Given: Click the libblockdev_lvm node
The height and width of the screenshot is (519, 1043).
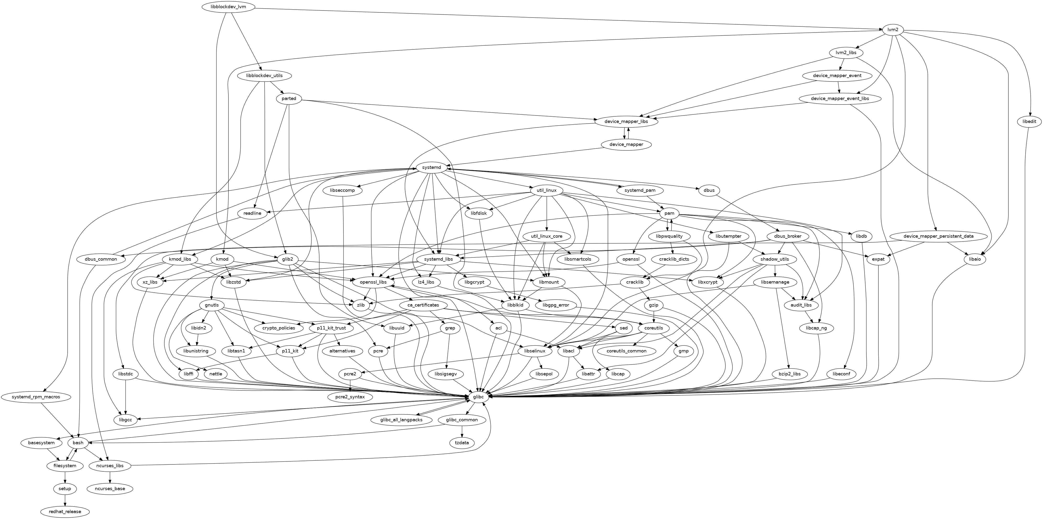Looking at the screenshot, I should tap(229, 7).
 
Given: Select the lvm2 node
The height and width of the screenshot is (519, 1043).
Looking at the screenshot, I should tap(890, 30).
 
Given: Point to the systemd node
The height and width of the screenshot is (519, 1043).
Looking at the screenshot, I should tap(431, 167).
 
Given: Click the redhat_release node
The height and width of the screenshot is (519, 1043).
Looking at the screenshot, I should tap(65, 512).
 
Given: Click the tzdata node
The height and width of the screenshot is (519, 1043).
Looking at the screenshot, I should tap(462, 443).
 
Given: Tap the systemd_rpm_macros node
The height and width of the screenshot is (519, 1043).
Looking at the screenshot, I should tap(36, 397).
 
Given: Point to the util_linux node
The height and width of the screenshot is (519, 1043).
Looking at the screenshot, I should tap(547, 191).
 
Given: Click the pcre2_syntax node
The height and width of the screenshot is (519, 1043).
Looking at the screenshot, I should tap(350, 397).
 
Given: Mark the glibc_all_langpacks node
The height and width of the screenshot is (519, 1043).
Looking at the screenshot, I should tap(402, 420).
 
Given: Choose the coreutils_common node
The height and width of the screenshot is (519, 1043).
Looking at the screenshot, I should tap(626, 351).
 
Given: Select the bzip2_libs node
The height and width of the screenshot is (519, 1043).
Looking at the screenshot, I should tap(789, 374).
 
